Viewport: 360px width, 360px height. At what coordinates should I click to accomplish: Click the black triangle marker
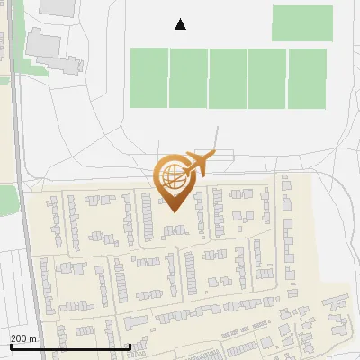click(x=180, y=24)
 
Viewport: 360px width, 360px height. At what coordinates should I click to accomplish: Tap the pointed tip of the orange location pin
click(x=172, y=211)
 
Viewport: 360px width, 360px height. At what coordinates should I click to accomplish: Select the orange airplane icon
click(x=197, y=163)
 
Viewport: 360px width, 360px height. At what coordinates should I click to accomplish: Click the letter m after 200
click(x=33, y=338)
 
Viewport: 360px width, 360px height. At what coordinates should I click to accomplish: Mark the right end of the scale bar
click(x=130, y=346)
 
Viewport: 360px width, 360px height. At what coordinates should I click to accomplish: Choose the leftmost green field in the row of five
click(x=149, y=78)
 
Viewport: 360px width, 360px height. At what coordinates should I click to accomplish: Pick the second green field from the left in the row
click(x=188, y=78)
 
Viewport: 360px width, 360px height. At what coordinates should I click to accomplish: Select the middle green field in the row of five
click(x=228, y=78)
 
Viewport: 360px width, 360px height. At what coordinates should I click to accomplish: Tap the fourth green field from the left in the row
click(x=267, y=78)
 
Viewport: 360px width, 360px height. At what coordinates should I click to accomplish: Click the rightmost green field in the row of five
click(x=307, y=78)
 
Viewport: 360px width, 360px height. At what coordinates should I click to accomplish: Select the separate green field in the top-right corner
click(x=301, y=23)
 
